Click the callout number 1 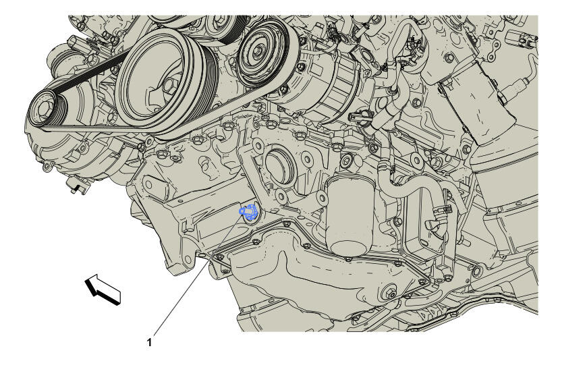coord(149,342)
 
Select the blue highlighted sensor coord(248,212)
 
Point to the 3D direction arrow coord(103,289)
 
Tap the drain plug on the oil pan coord(389,294)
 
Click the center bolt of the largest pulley coord(169,86)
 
